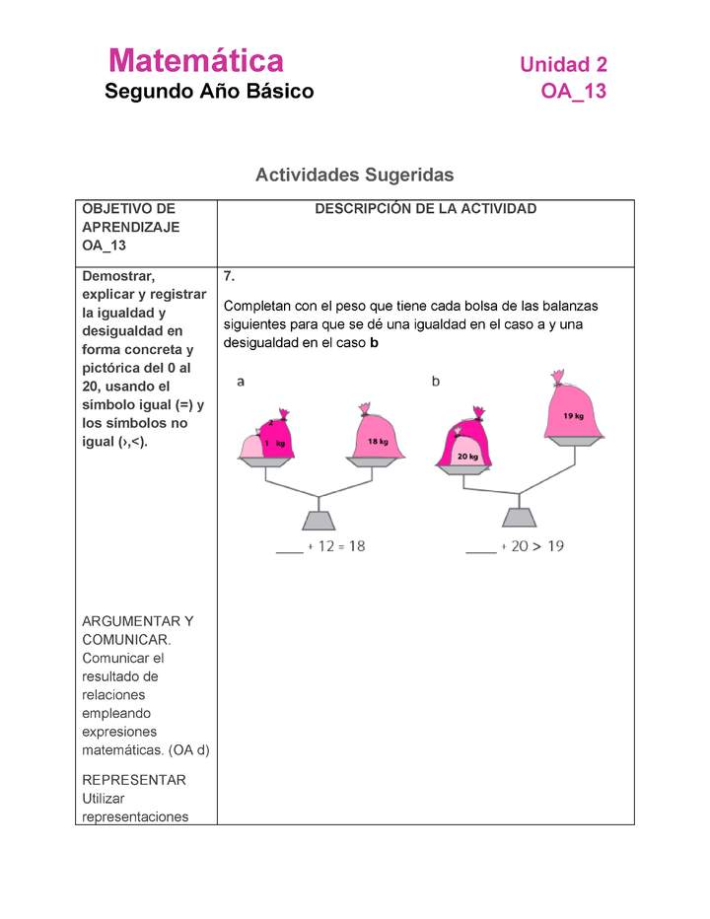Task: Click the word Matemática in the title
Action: tap(196, 61)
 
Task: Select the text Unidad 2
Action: tap(563, 65)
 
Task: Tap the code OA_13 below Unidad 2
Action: tap(573, 92)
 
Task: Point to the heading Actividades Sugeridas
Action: tap(354, 175)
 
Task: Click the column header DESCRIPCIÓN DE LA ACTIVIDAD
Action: tap(425, 209)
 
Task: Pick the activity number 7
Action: tap(229, 276)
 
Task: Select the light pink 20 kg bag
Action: tap(465, 453)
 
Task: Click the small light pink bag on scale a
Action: tap(252, 446)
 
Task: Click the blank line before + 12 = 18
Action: tap(289, 549)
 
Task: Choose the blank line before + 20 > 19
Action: tap(480, 549)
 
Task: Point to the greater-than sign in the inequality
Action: tap(537, 546)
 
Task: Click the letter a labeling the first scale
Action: tap(241, 381)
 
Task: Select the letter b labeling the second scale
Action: tap(436, 381)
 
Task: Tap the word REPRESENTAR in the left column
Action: tap(134, 780)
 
